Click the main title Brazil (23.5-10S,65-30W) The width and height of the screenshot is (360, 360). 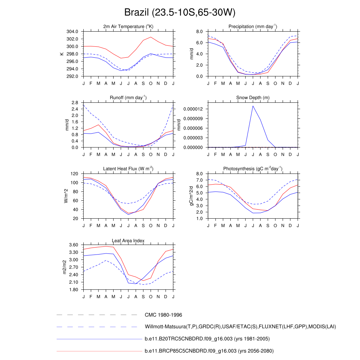point(180,13)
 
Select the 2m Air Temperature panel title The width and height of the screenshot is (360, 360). point(128,26)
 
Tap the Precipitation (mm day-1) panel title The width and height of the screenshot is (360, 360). point(253,26)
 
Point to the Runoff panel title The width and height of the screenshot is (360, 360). point(128,97)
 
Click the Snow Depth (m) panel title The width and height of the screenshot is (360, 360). point(253,97)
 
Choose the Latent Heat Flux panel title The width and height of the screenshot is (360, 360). point(128,169)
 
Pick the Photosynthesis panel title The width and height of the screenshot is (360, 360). point(253,169)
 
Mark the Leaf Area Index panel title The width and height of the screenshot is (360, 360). point(128,240)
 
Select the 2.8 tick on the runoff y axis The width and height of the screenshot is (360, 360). point(74,103)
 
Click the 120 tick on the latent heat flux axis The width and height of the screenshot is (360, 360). point(74,174)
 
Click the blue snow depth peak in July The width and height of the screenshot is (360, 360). point(253,106)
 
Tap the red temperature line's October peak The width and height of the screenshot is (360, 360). point(151,37)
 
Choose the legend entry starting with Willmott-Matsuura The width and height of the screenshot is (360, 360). point(240,327)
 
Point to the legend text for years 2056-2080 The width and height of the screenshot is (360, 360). point(209,351)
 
